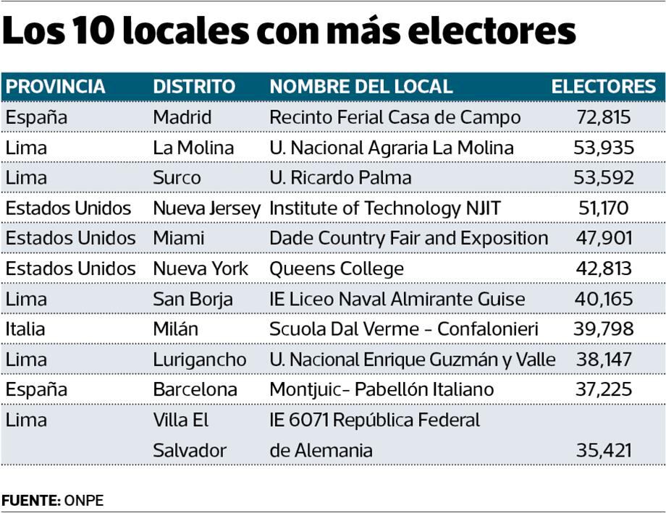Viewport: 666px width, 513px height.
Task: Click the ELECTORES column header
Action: click(603, 87)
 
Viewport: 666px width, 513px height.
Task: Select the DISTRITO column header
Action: click(194, 87)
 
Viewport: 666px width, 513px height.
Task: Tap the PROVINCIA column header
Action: click(55, 87)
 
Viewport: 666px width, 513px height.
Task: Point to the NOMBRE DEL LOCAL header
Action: click(361, 87)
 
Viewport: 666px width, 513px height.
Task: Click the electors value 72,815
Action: click(604, 117)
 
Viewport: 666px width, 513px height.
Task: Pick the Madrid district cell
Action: click(182, 117)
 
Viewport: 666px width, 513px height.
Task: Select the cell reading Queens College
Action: click(337, 269)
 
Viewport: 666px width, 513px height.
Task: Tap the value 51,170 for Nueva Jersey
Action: click(604, 208)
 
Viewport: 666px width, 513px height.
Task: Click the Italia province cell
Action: click(25, 329)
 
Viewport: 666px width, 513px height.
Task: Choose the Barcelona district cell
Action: click(195, 390)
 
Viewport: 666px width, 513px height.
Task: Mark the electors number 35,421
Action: click(604, 451)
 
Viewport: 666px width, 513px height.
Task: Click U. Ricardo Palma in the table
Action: click(340, 178)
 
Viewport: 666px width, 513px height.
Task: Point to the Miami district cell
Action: click(179, 239)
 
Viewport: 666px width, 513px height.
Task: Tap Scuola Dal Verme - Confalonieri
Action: click(404, 329)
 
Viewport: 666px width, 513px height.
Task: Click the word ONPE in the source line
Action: click(84, 501)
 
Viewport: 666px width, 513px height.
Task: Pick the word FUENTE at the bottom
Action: click(30, 501)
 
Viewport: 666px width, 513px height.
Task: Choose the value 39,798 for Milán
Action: click(604, 329)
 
